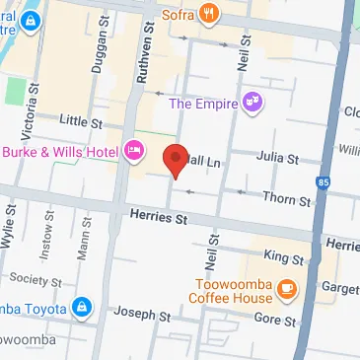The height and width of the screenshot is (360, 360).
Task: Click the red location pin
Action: point(176,160)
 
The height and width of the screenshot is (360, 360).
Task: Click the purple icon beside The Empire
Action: point(253,101)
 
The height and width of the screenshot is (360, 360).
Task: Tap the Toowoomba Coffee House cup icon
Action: point(287,289)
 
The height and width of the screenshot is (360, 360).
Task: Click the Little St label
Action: point(81,121)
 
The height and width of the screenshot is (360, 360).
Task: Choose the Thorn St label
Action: point(289,200)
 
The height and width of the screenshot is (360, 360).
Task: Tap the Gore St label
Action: point(275,321)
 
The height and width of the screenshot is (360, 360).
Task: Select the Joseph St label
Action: point(136,316)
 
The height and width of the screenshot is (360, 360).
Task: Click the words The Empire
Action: point(205,103)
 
